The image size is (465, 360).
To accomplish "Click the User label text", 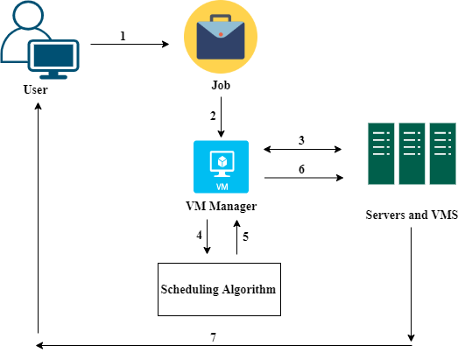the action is click(x=35, y=89).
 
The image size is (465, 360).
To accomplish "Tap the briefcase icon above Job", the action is click(x=221, y=37).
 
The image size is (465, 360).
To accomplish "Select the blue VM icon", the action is click(x=221, y=166).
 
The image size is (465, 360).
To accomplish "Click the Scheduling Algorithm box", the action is click(x=219, y=289).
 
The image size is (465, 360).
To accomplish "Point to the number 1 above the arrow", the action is click(x=123, y=36).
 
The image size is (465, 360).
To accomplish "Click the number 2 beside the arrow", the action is click(x=213, y=116).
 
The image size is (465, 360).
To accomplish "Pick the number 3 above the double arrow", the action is click(x=301, y=140).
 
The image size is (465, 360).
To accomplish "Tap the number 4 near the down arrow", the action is click(x=199, y=235).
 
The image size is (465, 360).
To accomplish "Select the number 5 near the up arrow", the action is click(x=245, y=236).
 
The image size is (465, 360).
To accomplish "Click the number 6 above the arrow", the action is click(x=301, y=169).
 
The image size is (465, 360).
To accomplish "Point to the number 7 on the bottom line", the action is click(x=213, y=337).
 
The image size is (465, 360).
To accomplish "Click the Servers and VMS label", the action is click(x=412, y=215).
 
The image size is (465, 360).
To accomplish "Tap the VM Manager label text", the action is click(x=222, y=207).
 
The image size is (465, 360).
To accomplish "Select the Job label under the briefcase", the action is click(x=221, y=86).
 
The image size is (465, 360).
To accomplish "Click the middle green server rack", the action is click(x=412, y=153).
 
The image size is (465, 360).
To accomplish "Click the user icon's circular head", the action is click(x=29, y=15).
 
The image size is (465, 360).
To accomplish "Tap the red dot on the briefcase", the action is click(x=221, y=34).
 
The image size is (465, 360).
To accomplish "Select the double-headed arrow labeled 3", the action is click(x=302, y=149).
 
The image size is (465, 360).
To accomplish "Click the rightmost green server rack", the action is click(x=443, y=153).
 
